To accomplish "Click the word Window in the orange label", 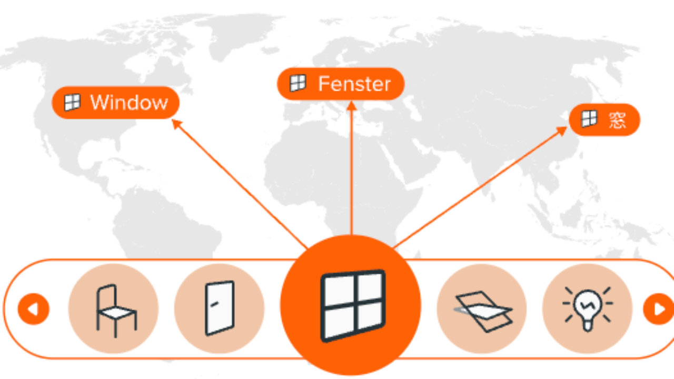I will (x=128, y=102).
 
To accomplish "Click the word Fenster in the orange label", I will (x=354, y=84).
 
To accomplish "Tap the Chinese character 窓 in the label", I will (x=617, y=120).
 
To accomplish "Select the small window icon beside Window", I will (x=72, y=102).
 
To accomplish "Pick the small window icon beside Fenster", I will (x=298, y=83).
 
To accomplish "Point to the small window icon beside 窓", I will (x=589, y=119).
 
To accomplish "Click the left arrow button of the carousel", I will (x=33, y=309).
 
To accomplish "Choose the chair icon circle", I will (x=113, y=308).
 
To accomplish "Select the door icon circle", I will (x=219, y=308).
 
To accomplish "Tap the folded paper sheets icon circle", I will (x=482, y=308).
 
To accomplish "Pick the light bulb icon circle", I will (x=587, y=308).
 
